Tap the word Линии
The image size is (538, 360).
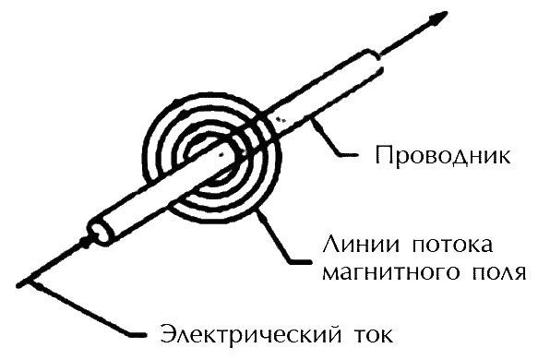coord(355,247)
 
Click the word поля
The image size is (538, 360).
coord(496,274)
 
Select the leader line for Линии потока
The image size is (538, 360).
coord(291,246)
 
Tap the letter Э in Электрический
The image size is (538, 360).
coord(168,331)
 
